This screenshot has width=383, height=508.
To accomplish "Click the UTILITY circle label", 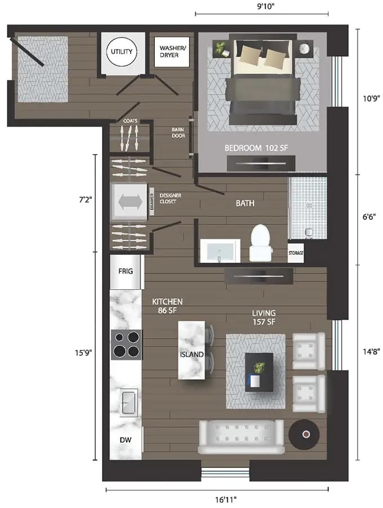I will (122, 52).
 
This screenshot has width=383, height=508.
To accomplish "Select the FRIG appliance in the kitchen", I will (126, 271).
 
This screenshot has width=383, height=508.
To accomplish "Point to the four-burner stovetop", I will (126, 344).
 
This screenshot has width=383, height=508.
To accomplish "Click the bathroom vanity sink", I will (220, 250).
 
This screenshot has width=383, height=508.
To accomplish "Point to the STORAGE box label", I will (296, 253).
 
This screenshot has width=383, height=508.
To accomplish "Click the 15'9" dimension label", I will (82, 353).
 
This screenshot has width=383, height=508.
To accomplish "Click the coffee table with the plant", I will (259, 371).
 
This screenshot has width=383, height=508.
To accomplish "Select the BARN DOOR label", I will (179, 133).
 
